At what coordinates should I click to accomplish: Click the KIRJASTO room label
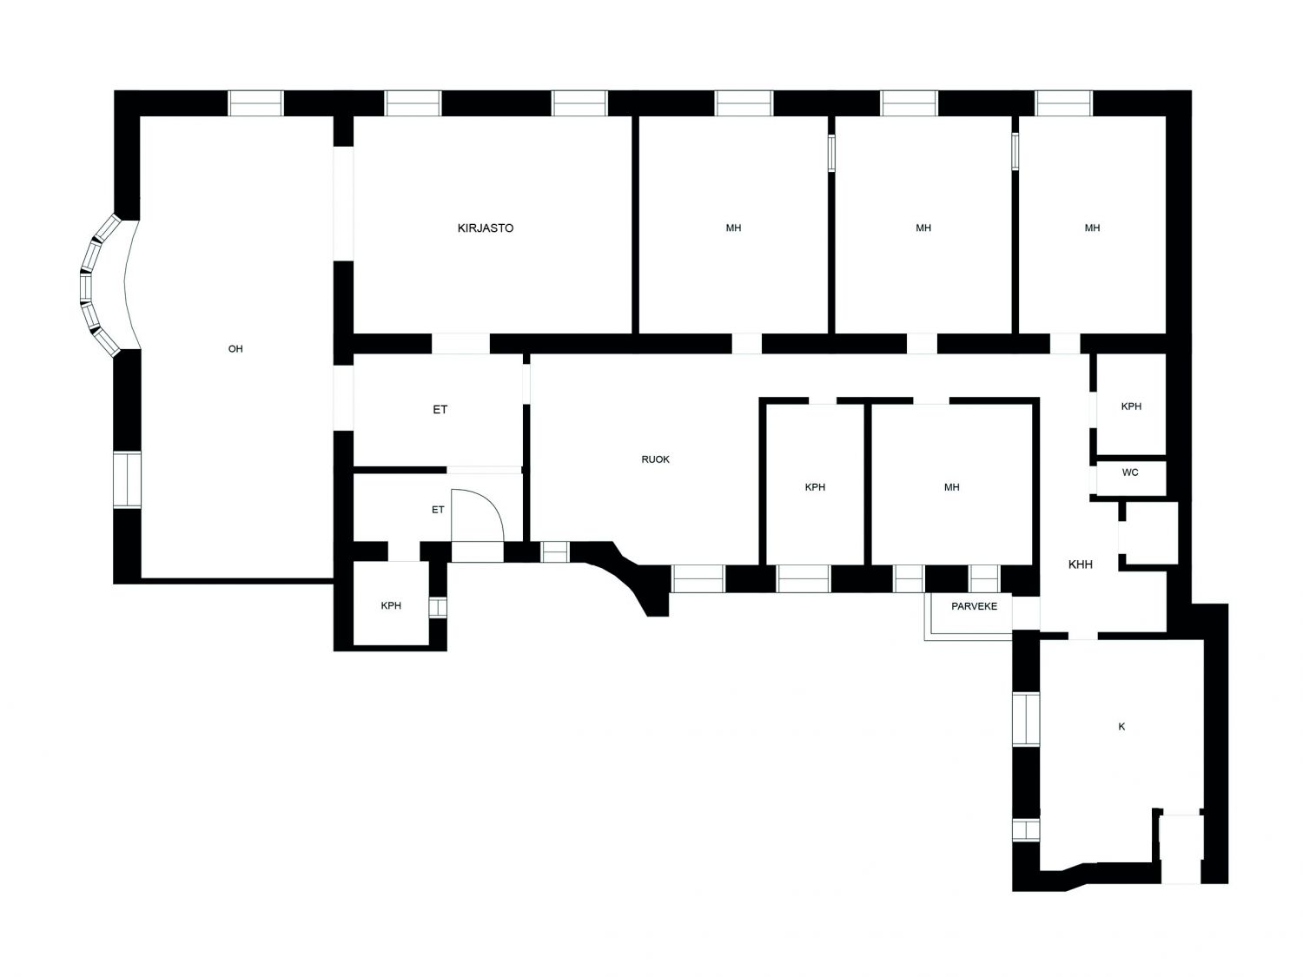click(485, 228)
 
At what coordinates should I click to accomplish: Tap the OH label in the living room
click(235, 349)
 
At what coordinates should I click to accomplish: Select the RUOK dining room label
click(655, 459)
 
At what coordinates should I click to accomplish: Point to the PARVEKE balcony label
click(974, 606)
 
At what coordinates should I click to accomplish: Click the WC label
click(1130, 472)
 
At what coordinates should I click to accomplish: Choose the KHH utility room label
click(1081, 564)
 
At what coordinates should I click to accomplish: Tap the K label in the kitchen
click(1121, 727)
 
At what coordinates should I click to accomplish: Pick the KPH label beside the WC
click(1131, 406)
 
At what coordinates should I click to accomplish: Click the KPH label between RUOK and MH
click(815, 487)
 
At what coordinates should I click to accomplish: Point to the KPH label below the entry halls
click(391, 605)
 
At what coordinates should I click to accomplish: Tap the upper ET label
click(440, 409)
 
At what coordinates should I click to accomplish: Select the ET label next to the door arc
click(438, 510)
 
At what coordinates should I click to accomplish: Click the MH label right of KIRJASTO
click(734, 228)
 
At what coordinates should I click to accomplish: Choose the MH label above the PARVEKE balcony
click(951, 487)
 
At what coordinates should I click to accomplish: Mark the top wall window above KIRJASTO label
click(413, 103)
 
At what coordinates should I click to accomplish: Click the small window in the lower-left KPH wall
click(438, 607)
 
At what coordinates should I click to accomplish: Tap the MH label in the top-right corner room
click(1092, 228)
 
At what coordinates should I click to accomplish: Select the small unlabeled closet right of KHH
click(1148, 532)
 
